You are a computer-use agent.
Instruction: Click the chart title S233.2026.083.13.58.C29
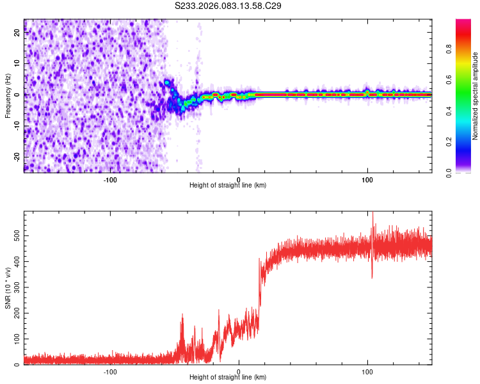click(228, 6)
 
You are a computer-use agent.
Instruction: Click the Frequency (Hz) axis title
click(8, 95)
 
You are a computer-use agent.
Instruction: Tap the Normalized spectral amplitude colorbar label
click(476, 97)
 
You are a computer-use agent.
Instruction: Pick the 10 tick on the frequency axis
click(18, 64)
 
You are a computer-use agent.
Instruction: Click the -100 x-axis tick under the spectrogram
click(110, 179)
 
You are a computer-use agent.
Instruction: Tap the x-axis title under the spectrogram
click(228, 186)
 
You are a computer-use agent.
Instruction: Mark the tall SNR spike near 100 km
click(372, 218)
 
